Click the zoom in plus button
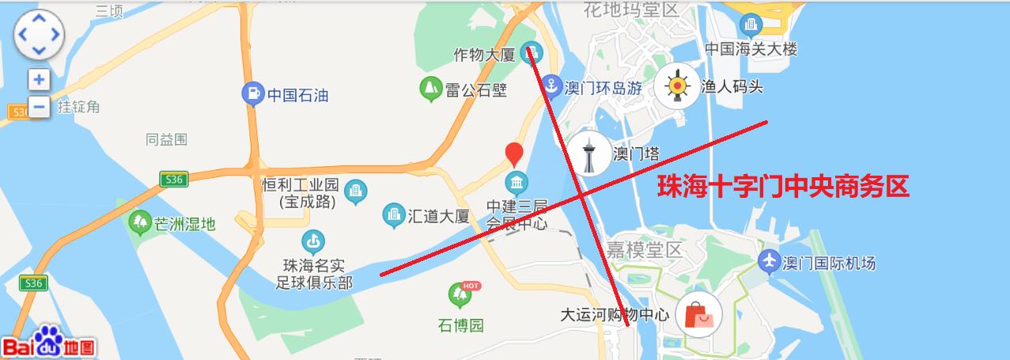click(x=39, y=79)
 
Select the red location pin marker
click(x=514, y=153)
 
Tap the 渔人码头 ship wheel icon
click(x=676, y=86)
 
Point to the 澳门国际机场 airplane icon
click(x=768, y=260)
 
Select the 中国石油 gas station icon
click(x=252, y=94)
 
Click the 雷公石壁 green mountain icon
click(x=430, y=89)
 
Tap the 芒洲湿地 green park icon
click(x=140, y=223)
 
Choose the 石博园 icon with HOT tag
click(x=460, y=296)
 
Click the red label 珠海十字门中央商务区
click(x=784, y=187)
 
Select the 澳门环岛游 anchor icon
click(x=551, y=87)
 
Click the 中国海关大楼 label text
click(x=751, y=49)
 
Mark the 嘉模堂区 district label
click(x=644, y=251)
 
